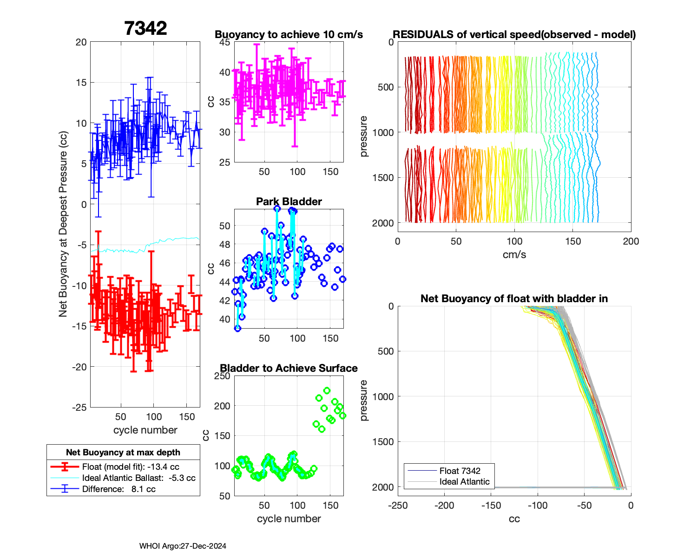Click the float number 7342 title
[x=145, y=28]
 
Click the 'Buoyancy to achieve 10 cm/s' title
[x=289, y=35]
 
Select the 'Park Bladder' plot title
[x=289, y=201]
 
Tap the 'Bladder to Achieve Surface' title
[x=289, y=368]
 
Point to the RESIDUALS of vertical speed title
[x=514, y=35]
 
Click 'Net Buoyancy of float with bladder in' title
[x=514, y=298]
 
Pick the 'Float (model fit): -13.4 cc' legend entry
[x=131, y=467]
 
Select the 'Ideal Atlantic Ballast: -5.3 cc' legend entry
[x=138, y=478]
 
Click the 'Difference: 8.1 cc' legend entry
[x=118, y=489]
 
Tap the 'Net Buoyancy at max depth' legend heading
[x=123, y=453]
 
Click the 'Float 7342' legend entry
[x=460, y=471]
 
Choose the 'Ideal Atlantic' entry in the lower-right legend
[x=464, y=482]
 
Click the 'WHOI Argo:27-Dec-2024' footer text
[x=183, y=546]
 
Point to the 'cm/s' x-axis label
[x=514, y=254]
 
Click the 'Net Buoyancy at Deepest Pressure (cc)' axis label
[x=63, y=224]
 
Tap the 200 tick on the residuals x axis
[x=631, y=241]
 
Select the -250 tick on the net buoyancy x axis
[x=398, y=505]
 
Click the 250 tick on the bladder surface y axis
[x=223, y=376]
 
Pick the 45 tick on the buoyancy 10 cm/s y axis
[x=225, y=42]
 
